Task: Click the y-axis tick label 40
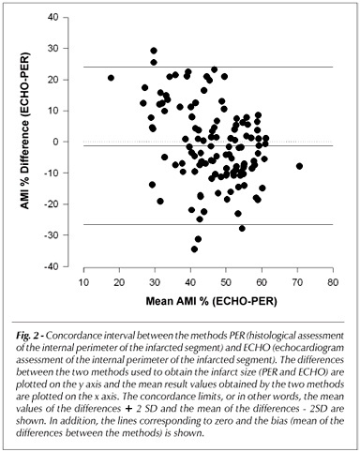coord(52,17)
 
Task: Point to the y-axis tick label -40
coord(51,266)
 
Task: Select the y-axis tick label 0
coord(55,142)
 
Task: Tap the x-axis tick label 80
coord(333,282)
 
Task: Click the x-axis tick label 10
coord(83,282)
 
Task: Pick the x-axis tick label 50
coord(226,282)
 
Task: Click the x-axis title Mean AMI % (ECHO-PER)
coord(212,301)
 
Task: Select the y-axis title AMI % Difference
coord(24,131)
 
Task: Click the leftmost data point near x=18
coord(111,78)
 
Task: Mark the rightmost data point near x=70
coord(299,166)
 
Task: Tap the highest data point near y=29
coord(154,51)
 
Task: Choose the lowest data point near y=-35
coord(194,249)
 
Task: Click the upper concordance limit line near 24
coord(208,67)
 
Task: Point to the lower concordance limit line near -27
coord(208,224)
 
